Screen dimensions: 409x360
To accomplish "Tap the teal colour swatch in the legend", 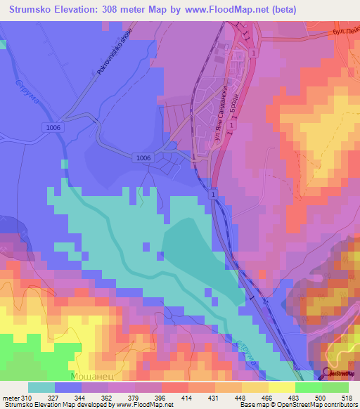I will tap(41, 387).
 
